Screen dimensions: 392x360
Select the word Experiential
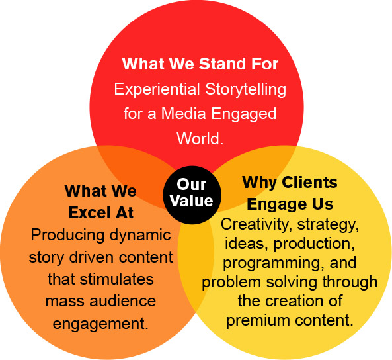[157, 89]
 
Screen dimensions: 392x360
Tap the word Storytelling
[246, 89]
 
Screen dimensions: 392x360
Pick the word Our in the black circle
[192, 185]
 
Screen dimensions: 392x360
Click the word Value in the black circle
[192, 201]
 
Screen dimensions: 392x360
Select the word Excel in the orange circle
[89, 213]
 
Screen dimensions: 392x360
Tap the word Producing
[67, 236]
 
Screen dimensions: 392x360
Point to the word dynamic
[140, 236]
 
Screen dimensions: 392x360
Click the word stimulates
[117, 279]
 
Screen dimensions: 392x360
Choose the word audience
[123, 300]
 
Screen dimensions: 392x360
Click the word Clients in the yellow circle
[310, 183]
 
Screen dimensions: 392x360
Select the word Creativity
[255, 224]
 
